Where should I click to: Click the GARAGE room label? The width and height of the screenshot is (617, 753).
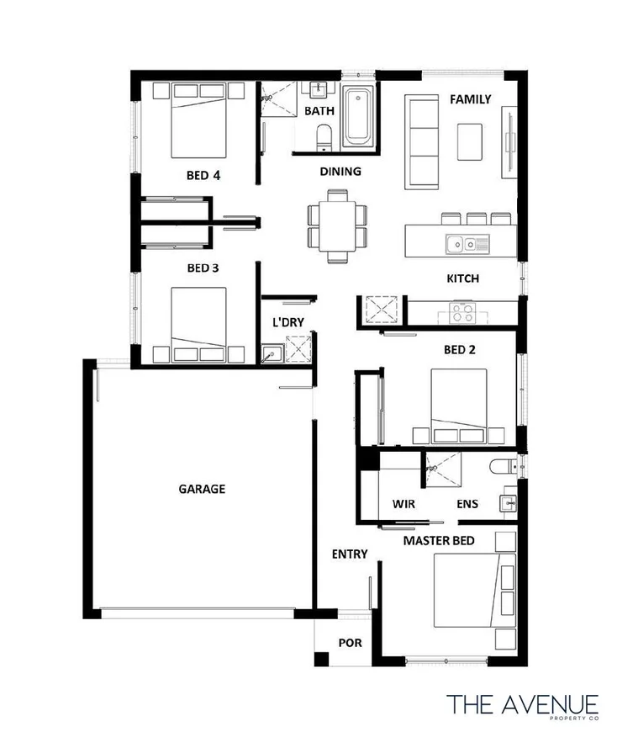point(202,488)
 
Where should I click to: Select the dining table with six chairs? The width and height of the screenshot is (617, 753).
point(337,226)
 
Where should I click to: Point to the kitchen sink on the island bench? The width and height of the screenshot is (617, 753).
point(461,244)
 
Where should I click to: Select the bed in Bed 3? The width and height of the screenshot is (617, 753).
point(199,324)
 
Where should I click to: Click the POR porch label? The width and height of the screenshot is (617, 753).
point(350,644)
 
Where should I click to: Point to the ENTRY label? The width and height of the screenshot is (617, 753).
point(350,554)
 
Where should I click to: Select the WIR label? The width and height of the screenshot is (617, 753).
point(405,505)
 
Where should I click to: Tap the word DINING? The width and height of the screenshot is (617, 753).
point(340,172)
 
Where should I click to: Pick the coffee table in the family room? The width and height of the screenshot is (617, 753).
point(470,141)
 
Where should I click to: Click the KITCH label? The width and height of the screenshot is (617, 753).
point(462,278)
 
